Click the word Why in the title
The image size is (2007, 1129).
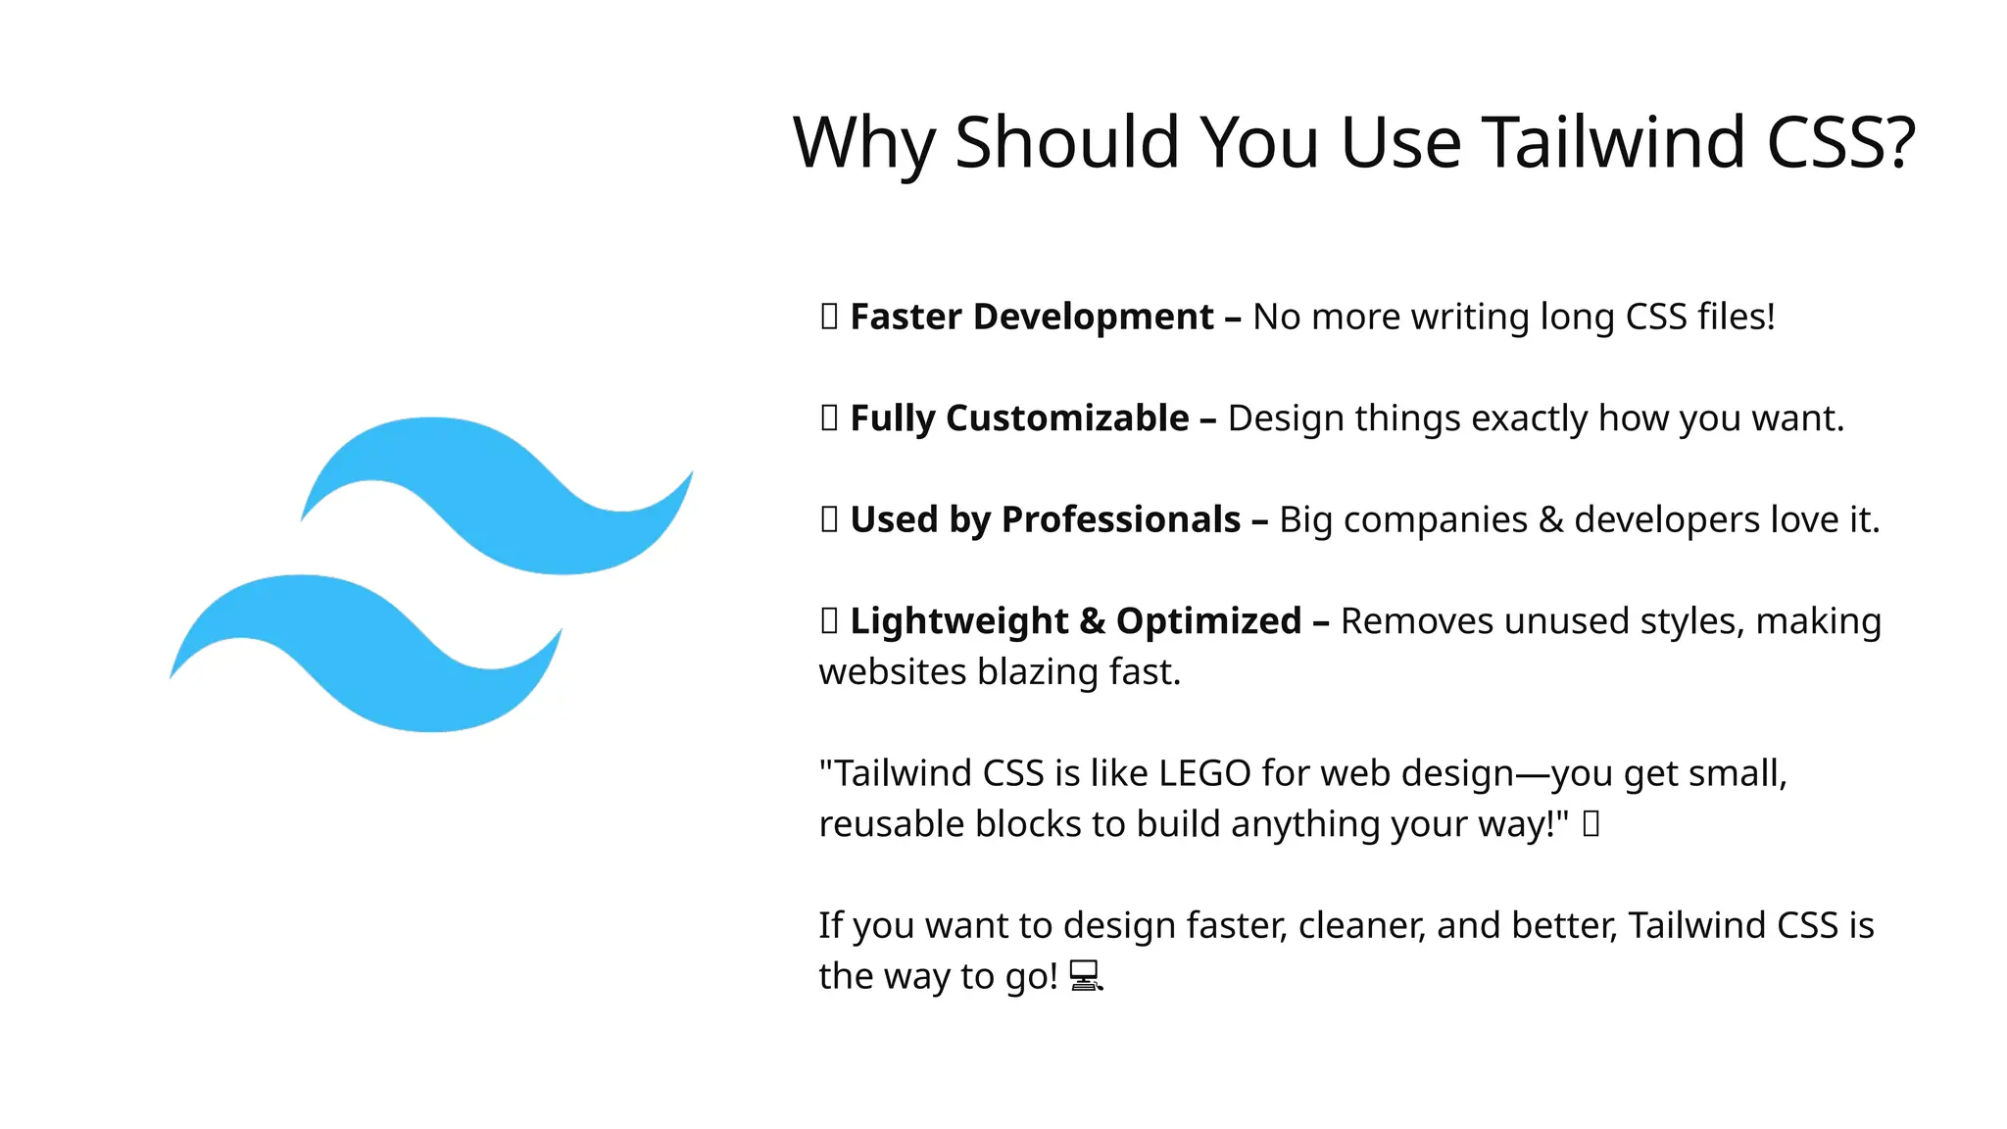(863, 143)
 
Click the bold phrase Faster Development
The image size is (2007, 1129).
(1031, 318)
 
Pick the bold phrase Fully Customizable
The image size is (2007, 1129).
(1019, 418)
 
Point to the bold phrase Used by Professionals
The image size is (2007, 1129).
(1045, 519)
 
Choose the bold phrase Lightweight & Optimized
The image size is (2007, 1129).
(1075, 621)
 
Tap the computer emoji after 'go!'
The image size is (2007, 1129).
(1085, 976)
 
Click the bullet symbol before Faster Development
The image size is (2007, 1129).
(829, 317)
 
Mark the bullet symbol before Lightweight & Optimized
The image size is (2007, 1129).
(829, 620)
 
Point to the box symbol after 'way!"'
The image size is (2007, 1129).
(1591, 823)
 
